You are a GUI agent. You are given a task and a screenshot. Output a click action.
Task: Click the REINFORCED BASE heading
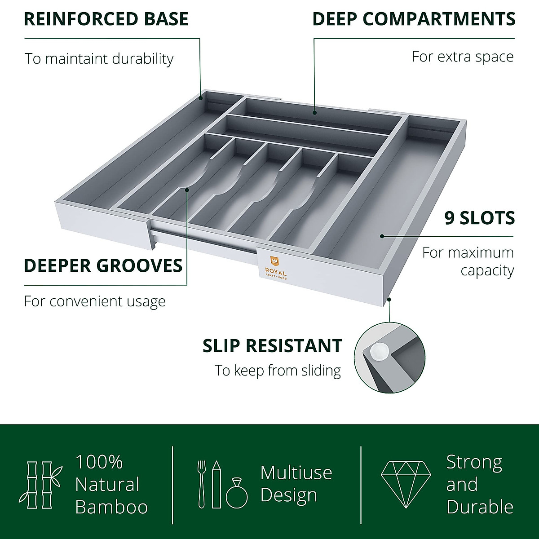point(106,19)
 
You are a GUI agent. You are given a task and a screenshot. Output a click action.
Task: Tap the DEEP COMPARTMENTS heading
point(414,19)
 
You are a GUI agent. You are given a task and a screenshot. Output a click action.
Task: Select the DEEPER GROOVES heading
point(103,265)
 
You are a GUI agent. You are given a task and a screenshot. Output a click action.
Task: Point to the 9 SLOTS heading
point(479,218)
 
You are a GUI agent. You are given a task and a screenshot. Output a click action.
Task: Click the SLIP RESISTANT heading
point(272,346)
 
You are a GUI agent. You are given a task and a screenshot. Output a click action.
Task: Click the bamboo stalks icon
point(40,485)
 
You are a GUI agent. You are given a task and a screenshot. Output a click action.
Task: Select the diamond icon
point(406,484)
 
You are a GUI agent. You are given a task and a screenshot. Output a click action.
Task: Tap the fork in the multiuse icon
point(201,484)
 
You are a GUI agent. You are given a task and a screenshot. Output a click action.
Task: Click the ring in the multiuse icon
point(237,493)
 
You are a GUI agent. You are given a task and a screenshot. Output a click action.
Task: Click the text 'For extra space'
point(463,57)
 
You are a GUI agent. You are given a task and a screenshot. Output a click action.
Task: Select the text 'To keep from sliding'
point(278,371)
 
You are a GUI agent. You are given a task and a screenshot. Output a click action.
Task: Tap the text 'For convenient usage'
point(95,301)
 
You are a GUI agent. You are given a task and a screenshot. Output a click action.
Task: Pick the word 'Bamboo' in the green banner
point(111,507)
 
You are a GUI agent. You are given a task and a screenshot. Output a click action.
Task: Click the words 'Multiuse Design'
point(296,484)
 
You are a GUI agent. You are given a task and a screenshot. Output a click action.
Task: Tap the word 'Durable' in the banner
point(480,507)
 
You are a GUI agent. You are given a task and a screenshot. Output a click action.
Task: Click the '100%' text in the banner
point(99,462)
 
